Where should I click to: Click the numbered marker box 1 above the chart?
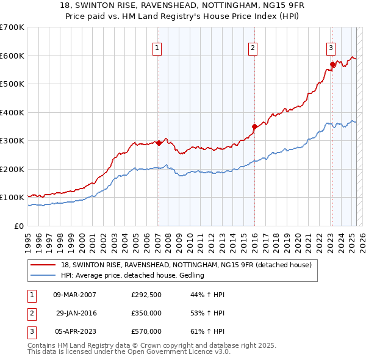coord(157,48)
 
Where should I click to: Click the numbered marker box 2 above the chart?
coord(253,48)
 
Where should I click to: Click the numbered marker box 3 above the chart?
coord(331,48)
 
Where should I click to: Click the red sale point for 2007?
coord(159,143)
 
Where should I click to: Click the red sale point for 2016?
coord(254,126)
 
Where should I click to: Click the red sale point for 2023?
coord(332,64)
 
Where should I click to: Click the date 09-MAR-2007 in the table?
coord(75,295)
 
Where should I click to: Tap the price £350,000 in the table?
coord(146,313)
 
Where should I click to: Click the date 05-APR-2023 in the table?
coord(75,331)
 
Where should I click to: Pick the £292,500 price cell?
coord(146,295)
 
